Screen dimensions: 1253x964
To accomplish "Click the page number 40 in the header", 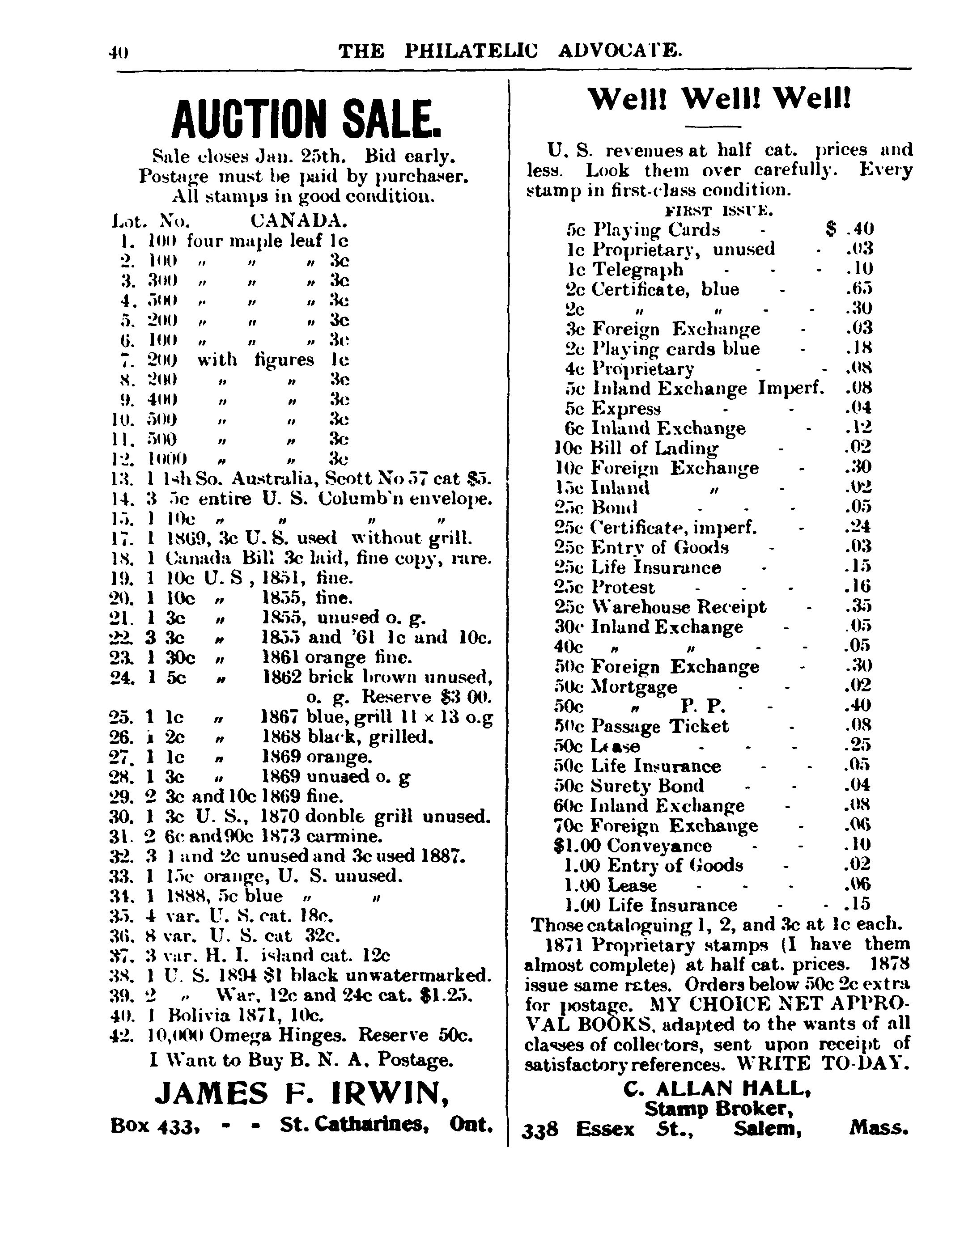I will pos(119,53).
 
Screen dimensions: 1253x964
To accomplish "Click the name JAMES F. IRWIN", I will pos(302,1093).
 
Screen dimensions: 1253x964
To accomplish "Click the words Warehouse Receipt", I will pos(678,607).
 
